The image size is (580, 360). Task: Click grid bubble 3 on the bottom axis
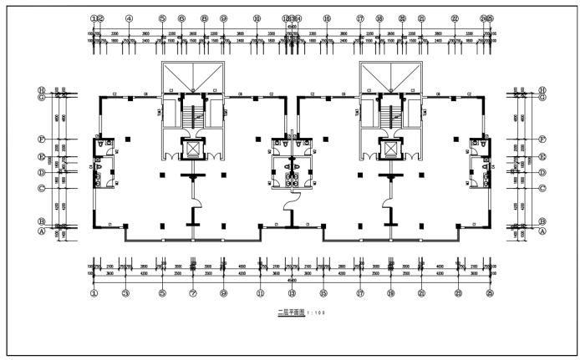pyautogui.click(x=125, y=293)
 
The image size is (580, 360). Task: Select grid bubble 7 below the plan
pyautogui.click(x=193, y=293)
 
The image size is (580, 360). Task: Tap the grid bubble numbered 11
pyautogui.click(x=260, y=293)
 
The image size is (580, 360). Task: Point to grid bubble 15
pyautogui.click(x=323, y=293)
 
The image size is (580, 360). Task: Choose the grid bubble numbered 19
pyautogui.click(x=390, y=293)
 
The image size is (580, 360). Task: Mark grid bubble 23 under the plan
pyautogui.click(x=458, y=293)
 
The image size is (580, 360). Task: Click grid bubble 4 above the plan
pyautogui.click(x=130, y=18)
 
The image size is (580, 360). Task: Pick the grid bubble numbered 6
pyautogui.click(x=181, y=18)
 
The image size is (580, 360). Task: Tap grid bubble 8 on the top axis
pyautogui.click(x=204, y=18)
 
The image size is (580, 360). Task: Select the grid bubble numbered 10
pyautogui.click(x=257, y=18)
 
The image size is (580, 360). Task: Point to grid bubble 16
pyautogui.click(x=326, y=18)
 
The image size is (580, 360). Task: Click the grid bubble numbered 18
pyautogui.click(x=379, y=18)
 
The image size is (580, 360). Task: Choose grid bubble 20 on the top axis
pyautogui.click(x=402, y=18)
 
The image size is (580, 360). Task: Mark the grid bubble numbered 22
pyautogui.click(x=454, y=18)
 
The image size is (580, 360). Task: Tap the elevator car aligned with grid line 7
pyautogui.click(x=193, y=150)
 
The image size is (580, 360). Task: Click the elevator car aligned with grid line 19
pyautogui.click(x=390, y=150)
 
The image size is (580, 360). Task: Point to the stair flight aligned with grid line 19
pyautogui.click(x=390, y=113)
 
